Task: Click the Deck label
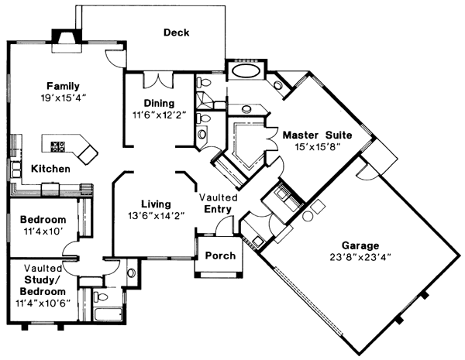(x=177, y=33)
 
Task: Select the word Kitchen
(x=51, y=168)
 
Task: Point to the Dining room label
(x=159, y=103)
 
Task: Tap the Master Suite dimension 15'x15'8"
(x=317, y=146)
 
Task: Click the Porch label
(x=219, y=256)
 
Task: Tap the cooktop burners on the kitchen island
(x=59, y=145)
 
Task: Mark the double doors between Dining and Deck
(x=158, y=80)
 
